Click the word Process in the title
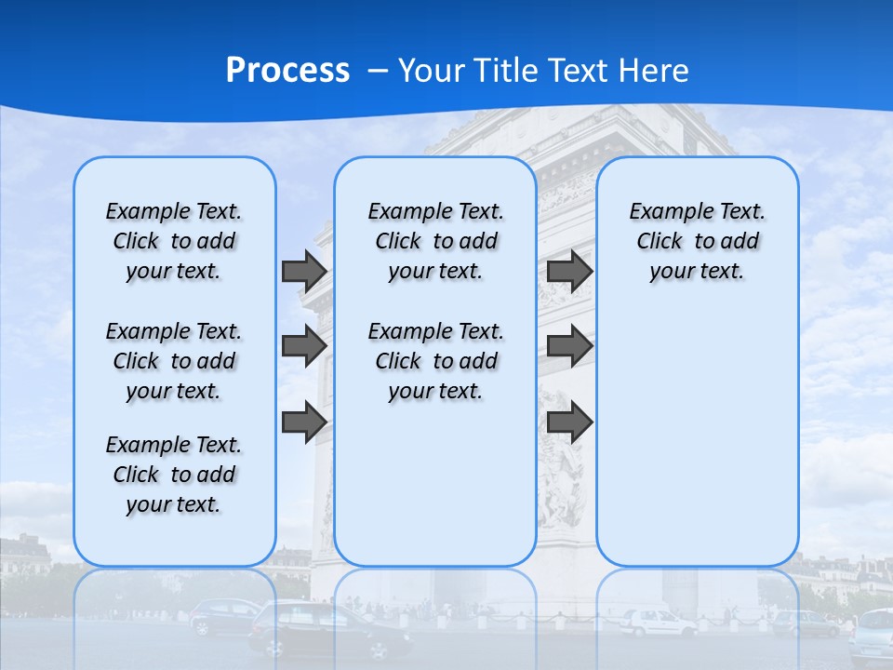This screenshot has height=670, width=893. pos(287,71)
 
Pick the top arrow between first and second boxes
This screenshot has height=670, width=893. pos(303,271)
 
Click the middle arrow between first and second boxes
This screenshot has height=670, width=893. pos(303,346)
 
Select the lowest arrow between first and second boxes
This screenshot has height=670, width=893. pos(303,422)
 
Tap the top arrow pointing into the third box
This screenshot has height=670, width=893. pos(569,271)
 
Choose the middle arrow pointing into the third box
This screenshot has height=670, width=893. pos(569,346)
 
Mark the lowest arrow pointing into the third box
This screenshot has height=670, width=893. pos(569,422)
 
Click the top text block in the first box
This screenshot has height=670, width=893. pos(174,241)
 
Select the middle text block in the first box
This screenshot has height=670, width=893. pos(174,361)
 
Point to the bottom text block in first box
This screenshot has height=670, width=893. pos(174,475)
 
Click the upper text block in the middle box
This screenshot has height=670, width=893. pos(435,241)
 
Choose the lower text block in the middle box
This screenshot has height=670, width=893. pos(435,361)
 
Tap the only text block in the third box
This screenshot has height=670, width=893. pos(697,241)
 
